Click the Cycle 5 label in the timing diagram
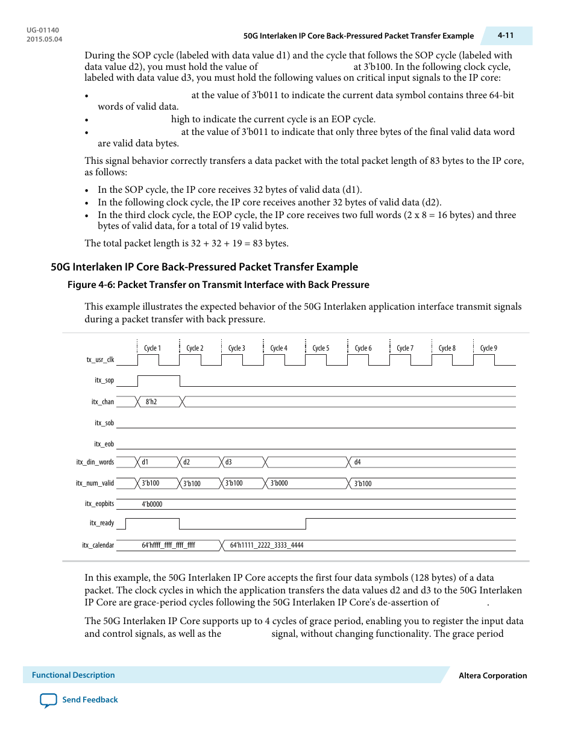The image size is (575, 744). point(321,348)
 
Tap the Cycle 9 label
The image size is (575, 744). point(488,348)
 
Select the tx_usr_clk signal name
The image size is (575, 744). point(100,360)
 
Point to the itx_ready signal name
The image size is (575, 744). point(102,523)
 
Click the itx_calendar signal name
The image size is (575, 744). point(98,545)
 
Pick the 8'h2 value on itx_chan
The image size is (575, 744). point(151,402)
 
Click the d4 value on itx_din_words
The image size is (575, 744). point(357,462)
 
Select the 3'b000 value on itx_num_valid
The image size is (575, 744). point(279,483)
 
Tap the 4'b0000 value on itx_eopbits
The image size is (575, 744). point(152,504)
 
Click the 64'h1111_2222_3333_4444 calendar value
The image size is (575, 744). point(266,545)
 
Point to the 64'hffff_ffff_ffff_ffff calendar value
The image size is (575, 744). point(168,545)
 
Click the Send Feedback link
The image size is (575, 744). point(90,699)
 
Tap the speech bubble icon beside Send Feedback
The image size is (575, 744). point(48,700)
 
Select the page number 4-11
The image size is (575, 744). point(506,36)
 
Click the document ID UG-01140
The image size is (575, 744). point(43,30)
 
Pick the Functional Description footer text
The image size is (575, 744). point(73,675)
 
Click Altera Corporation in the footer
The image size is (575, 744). point(492,675)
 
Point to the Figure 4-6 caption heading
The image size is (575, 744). point(218,284)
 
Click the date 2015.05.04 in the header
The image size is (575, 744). point(44,39)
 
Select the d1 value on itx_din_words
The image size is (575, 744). point(145,462)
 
